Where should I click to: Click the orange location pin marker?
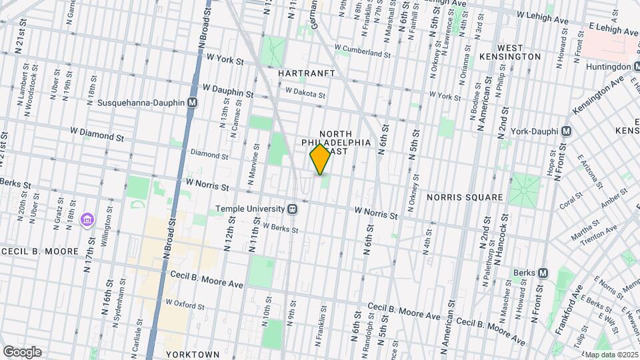321,159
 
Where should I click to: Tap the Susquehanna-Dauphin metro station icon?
193,103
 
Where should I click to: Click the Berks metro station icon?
543,273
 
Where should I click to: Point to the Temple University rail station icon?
292,208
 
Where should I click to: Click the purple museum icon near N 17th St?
86,219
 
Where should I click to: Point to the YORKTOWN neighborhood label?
192,354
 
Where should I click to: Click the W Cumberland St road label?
362,51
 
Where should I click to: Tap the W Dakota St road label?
305,93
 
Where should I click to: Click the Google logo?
22,351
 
